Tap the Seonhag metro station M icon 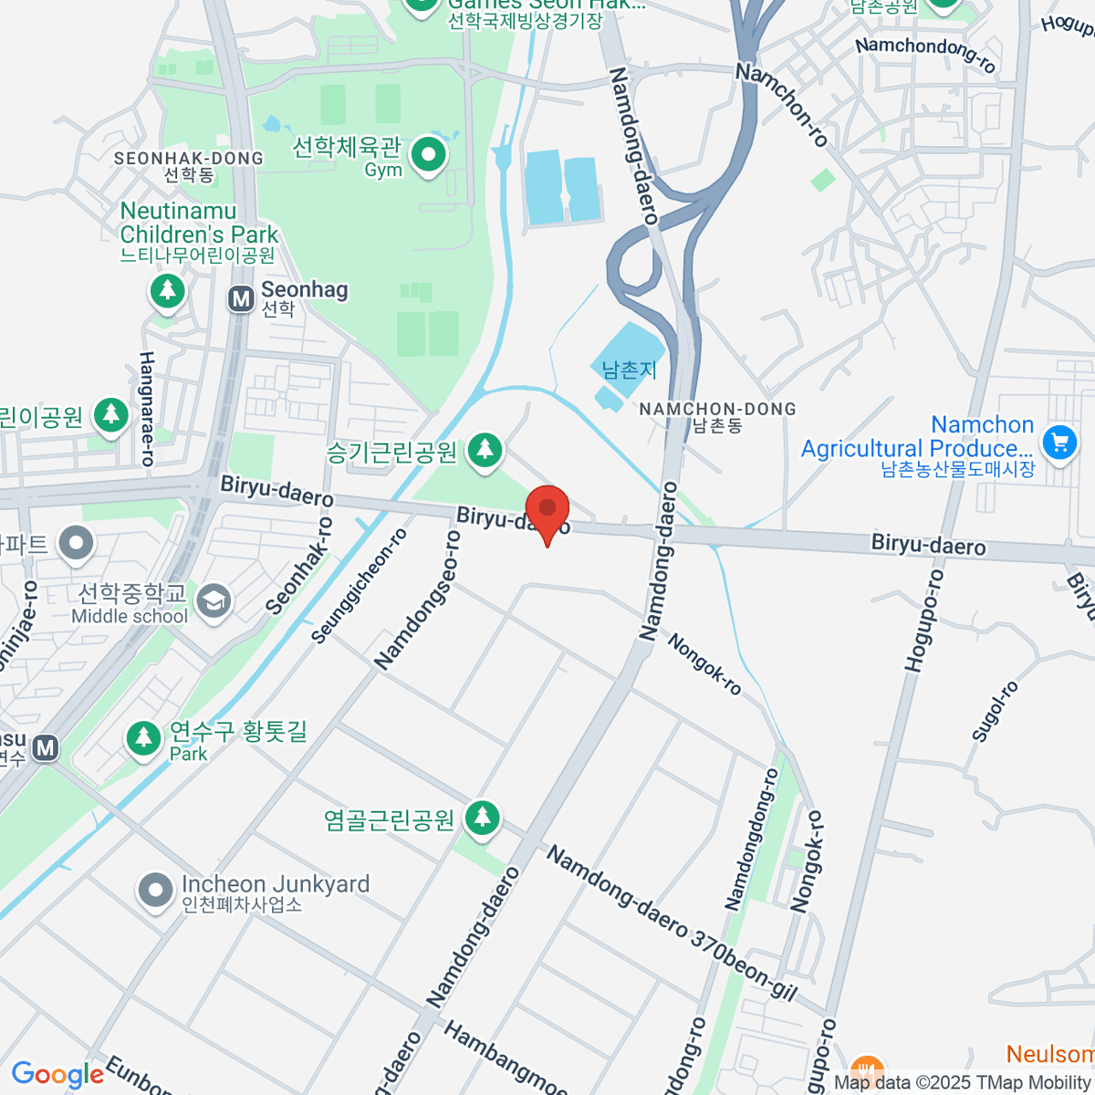241,298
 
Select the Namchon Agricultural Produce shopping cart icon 1058,443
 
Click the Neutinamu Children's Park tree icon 167,291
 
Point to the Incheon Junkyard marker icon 155,890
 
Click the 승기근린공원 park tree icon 485,449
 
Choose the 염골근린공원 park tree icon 482,817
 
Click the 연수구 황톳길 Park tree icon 143,737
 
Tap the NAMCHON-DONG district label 717,410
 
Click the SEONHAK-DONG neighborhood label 188,159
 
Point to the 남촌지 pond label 629,370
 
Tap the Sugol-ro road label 994,711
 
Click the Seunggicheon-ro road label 360,586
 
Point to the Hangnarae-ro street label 146,409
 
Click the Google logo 57,1075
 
